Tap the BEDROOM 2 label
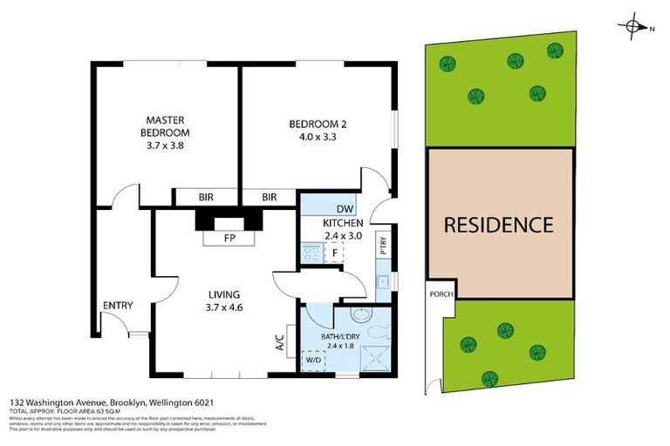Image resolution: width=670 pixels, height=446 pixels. click(312, 130)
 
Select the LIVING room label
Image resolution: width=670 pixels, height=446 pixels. click(224, 301)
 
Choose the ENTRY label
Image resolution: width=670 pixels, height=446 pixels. click(118, 305)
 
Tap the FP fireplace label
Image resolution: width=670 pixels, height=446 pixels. click(230, 236)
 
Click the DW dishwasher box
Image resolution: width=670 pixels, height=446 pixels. click(345, 209)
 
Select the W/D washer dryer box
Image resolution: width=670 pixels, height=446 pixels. click(312, 359)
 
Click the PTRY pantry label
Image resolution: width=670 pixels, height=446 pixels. click(382, 245)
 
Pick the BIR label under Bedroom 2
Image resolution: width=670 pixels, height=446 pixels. click(269, 198)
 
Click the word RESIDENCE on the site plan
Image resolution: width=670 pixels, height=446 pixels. click(498, 225)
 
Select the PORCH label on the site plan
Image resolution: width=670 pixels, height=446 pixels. click(441, 294)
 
